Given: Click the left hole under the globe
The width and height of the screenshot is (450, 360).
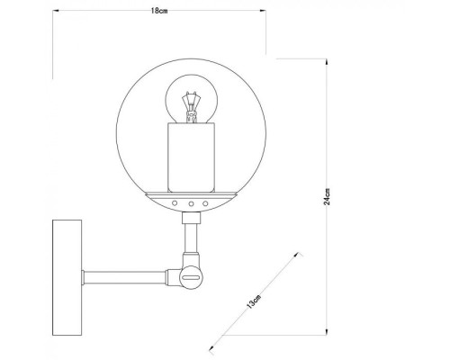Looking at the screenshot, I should click(176, 204).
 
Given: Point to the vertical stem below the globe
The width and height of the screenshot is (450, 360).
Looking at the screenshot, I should click(190, 237).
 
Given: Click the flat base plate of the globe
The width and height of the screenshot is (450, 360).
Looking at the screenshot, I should click(191, 194).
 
